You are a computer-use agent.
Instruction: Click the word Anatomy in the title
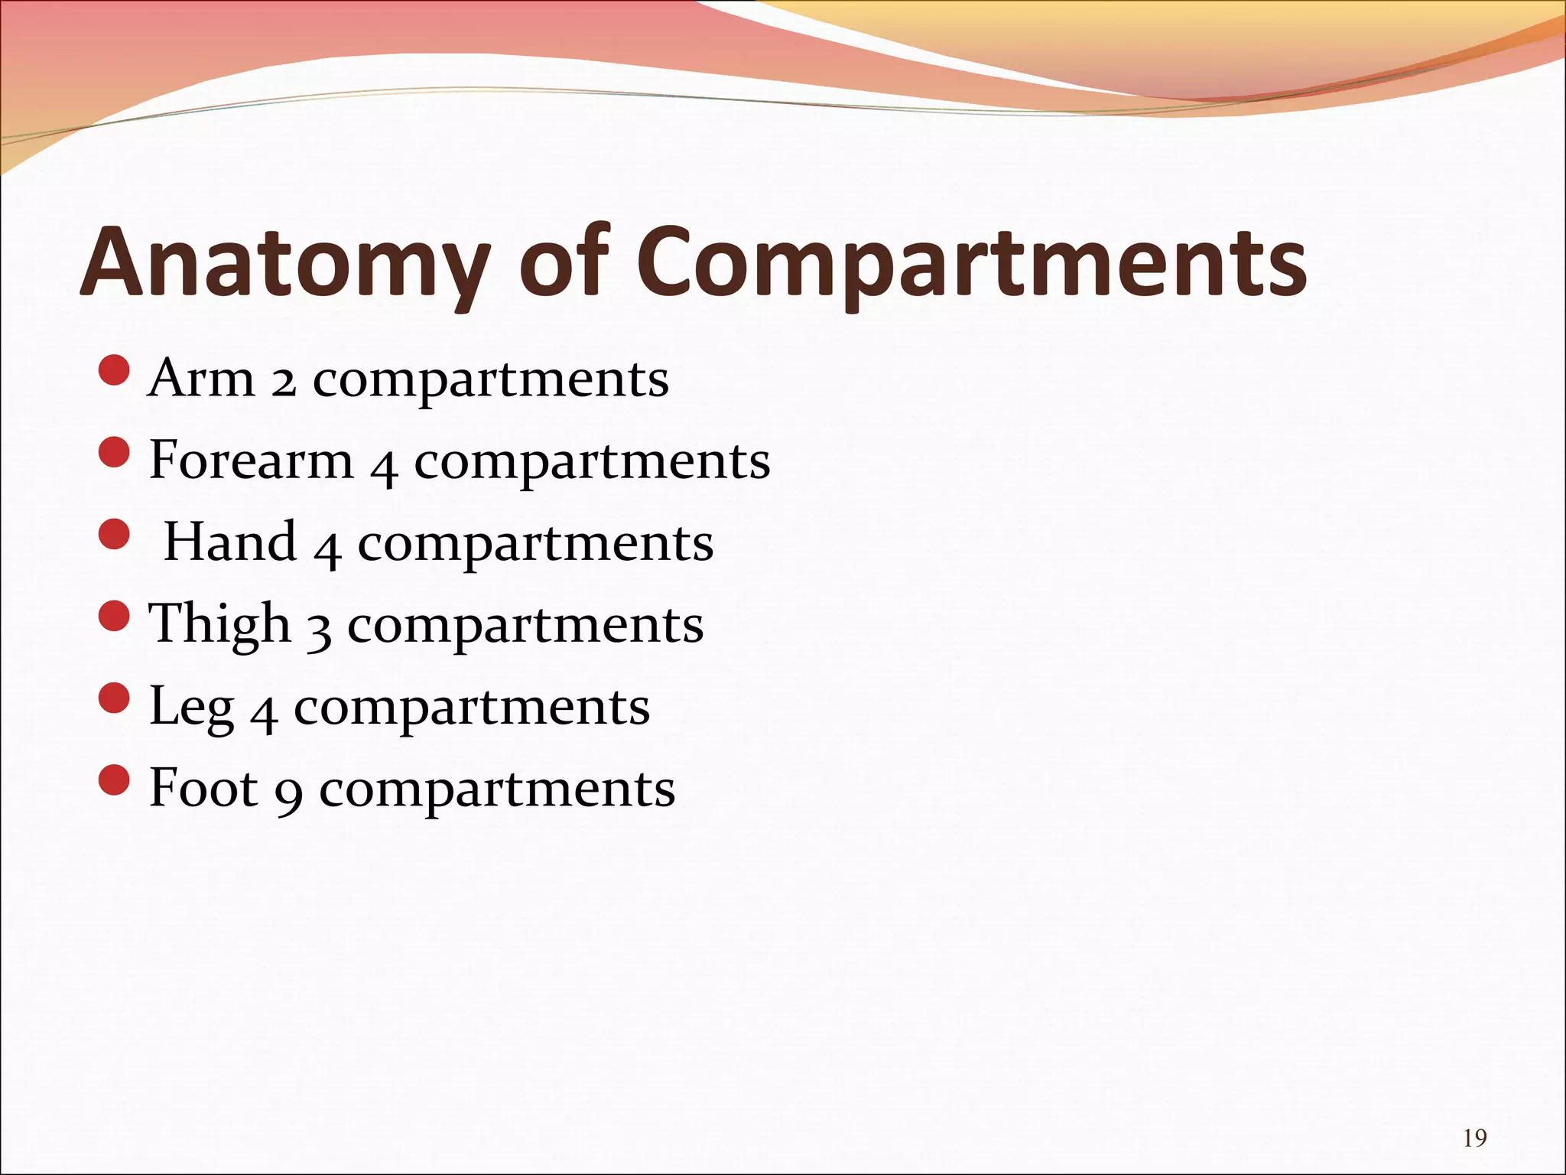click(283, 264)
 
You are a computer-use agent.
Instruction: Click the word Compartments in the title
click(971, 264)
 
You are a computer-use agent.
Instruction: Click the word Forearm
click(251, 461)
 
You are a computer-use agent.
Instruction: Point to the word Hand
click(230, 542)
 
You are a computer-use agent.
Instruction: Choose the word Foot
click(203, 788)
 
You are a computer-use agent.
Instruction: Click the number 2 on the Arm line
click(283, 381)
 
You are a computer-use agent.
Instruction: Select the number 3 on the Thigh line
click(319, 630)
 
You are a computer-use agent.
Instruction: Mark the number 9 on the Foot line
click(289, 794)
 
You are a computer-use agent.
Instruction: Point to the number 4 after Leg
click(264, 713)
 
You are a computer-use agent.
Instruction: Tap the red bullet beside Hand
click(115, 535)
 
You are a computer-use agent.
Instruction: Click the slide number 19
click(1474, 1138)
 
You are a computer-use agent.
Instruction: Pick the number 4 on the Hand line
click(327, 548)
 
